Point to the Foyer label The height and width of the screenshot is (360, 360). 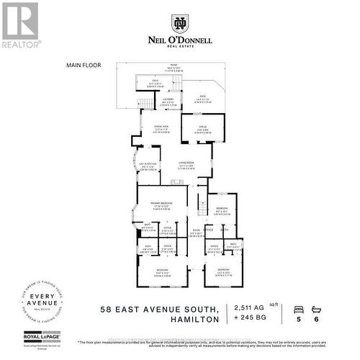194,233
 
